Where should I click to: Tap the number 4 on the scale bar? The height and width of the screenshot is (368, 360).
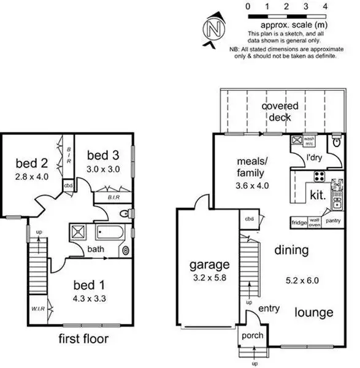[324, 6]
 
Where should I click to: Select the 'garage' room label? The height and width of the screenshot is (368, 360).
[210, 265]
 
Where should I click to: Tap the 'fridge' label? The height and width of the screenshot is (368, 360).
[299, 222]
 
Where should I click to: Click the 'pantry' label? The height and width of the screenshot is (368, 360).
[333, 220]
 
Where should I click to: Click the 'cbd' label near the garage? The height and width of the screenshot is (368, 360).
[249, 219]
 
